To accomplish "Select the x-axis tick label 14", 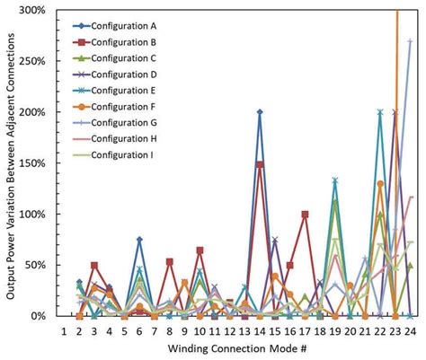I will (x=260, y=331).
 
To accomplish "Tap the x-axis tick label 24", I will (x=410, y=331).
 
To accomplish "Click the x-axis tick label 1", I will (x=65, y=331).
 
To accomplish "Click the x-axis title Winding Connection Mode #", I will (x=236, y=348).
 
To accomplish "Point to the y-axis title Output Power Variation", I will (x=11, y=162).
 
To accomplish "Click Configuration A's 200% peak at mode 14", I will (x=260, y=112).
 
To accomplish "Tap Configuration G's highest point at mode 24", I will (x=410, y=40).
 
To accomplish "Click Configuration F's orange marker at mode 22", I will (x=380, y=184).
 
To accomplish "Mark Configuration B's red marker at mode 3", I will (x=94, y=266).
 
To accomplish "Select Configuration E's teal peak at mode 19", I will (x=334, y=180).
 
